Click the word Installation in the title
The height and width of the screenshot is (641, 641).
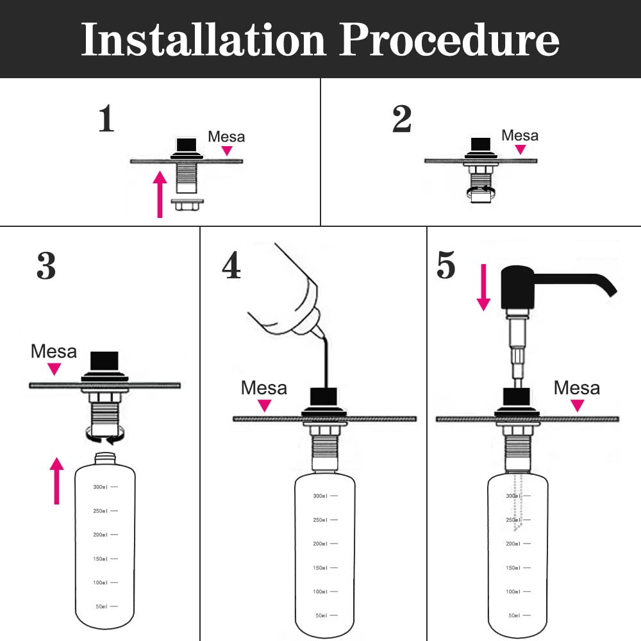[203, 39]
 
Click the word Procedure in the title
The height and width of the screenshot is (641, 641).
[449, 39]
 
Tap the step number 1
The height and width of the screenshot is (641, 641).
[106, 118]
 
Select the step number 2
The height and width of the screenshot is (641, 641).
[401, 119]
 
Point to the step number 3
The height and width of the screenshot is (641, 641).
[46, 265]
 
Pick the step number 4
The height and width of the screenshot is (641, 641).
[231, 265]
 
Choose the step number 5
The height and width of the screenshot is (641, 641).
[445, 265]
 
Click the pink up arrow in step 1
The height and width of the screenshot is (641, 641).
[160, 195]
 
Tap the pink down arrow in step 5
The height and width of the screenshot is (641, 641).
[483, 287]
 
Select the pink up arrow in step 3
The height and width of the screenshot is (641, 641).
[56, 481]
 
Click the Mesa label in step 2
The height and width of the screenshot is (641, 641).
[520, 135]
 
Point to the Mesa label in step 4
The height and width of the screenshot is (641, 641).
[263, 388]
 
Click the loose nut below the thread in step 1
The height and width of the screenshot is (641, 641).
[187, 204]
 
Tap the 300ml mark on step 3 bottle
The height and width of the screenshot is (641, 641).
[105, 487]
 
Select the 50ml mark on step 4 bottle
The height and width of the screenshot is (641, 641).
[326, 615]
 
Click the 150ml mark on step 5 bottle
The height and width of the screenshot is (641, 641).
[518, 568]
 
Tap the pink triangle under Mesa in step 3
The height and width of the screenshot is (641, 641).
[54, 369]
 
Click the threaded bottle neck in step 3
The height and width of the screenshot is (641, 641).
[105, 458]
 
